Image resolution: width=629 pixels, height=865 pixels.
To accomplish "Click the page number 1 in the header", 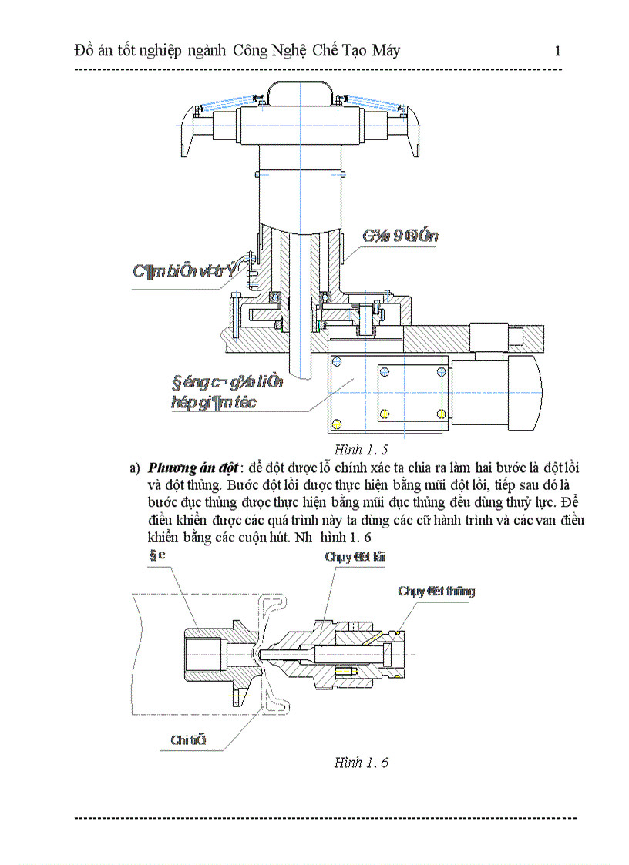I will (557, 52).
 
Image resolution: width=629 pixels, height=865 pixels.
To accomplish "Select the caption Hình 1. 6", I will (361, 763).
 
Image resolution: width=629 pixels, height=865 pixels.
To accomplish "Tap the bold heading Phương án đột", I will (193, 468).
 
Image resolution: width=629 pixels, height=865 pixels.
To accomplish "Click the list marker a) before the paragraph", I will (135, 468).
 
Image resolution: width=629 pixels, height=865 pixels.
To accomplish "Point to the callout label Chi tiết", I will (189, 740).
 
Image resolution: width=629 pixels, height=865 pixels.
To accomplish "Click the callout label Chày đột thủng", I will (436, 592).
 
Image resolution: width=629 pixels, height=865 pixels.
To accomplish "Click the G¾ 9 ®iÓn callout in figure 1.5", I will (400, 236).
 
